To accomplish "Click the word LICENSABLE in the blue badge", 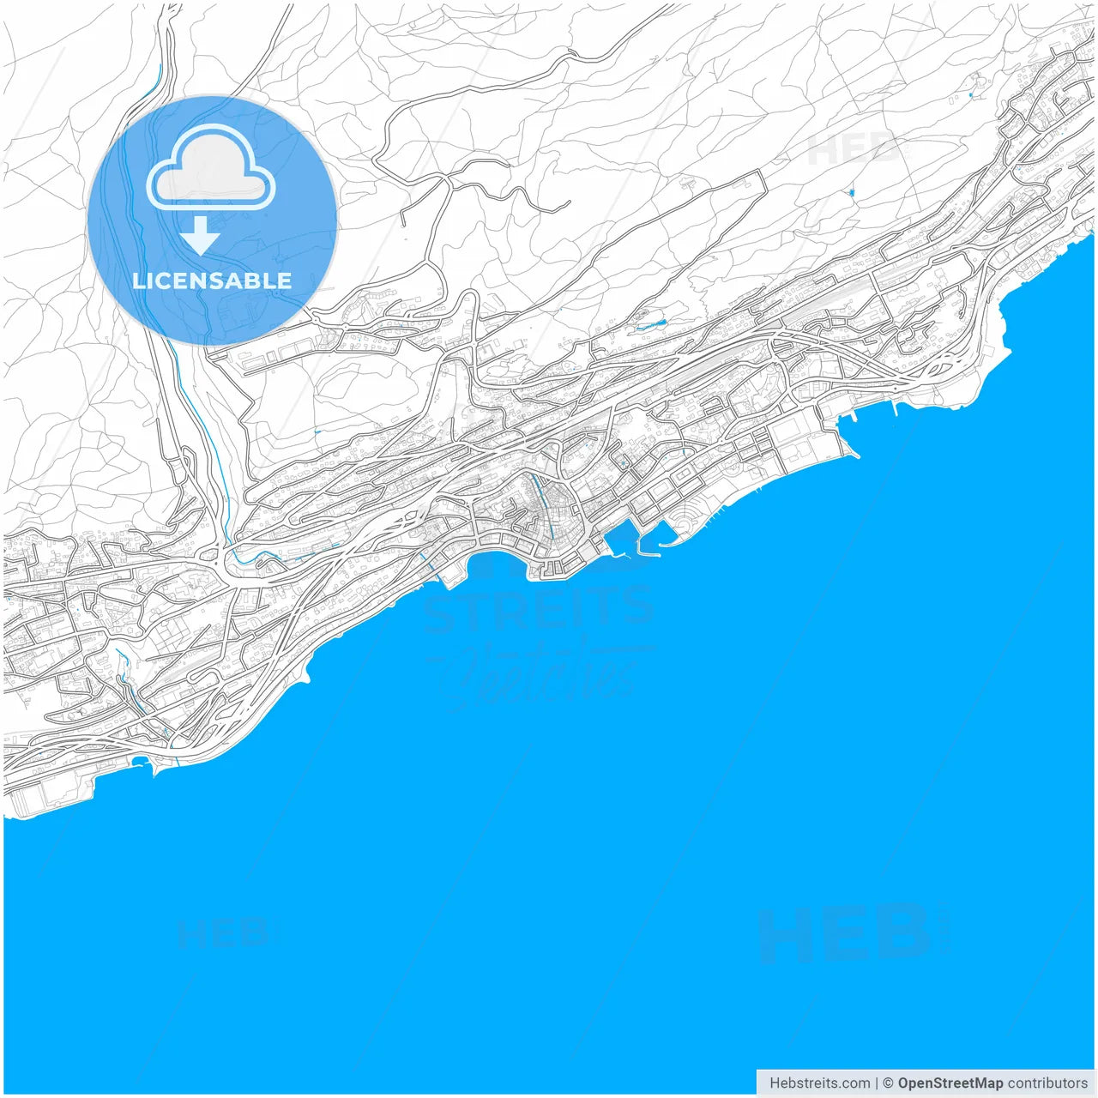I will coord(212,281).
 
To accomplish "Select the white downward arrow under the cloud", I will coord(200,235).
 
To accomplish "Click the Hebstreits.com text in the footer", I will coord(819,1083).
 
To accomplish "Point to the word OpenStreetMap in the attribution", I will coord(950,1083).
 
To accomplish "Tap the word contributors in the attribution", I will coord(1047,1083).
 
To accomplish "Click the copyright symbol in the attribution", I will coord(888,1083).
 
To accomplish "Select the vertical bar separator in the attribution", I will coord(877,1083).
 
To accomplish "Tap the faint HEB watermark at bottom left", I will coord(223,932).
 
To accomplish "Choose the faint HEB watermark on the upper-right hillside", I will coord(854,151).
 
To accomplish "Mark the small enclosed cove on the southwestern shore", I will coord(142,762).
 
